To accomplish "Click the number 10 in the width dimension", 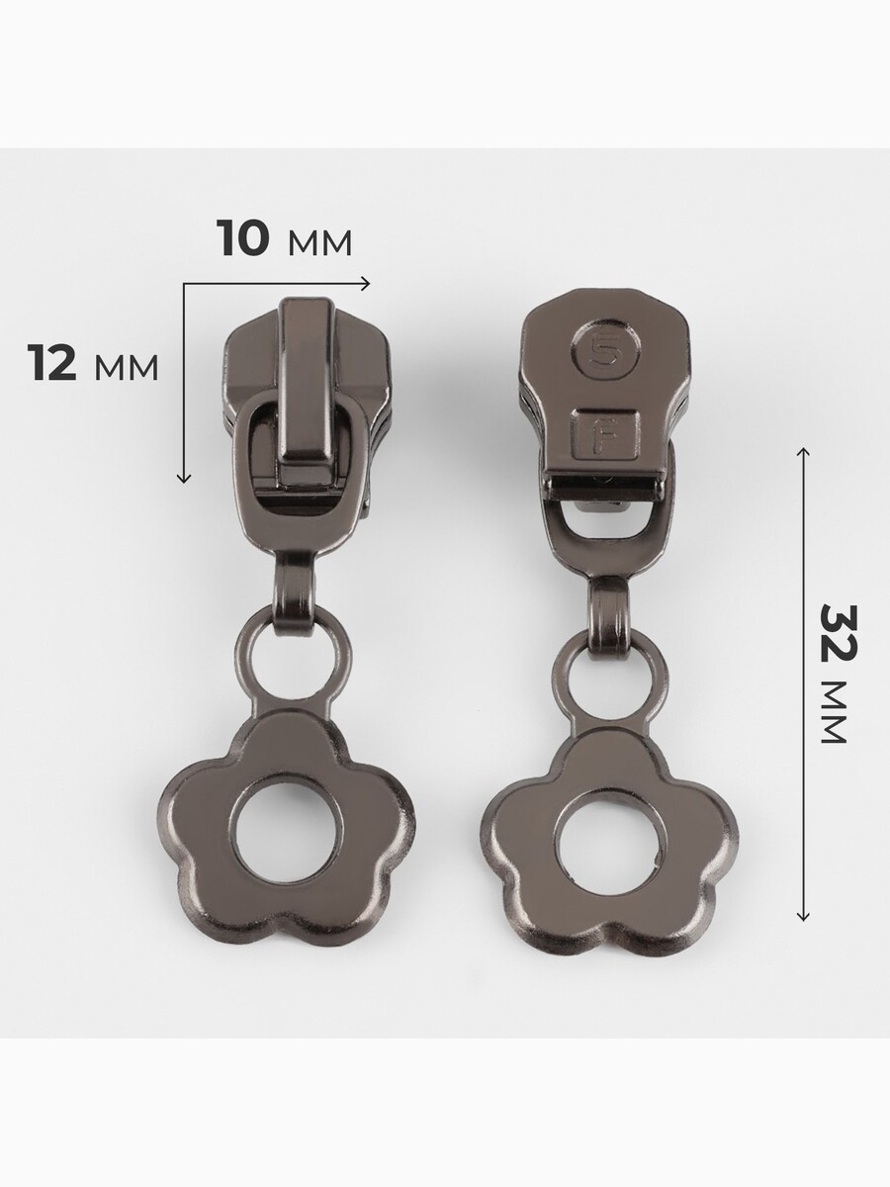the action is [x=242, y=237].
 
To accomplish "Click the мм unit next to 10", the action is [x=319, y=244].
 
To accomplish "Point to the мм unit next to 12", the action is [x=127, y=369].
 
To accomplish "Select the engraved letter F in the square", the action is [x=603, y=433].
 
